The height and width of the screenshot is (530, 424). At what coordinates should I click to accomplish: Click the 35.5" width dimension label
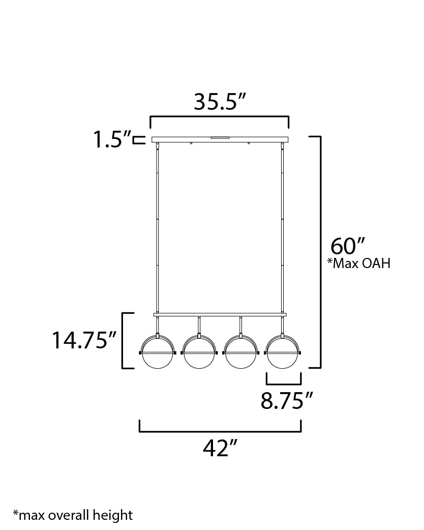tap(220, 102)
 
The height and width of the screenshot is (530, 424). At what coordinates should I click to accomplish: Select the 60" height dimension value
tap(348, 246)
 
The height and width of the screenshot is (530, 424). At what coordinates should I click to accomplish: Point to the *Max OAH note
tap(359, 263)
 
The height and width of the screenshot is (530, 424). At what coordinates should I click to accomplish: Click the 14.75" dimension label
tap(85, 340)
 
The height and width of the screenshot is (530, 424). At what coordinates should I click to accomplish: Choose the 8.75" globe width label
tap(286, 401)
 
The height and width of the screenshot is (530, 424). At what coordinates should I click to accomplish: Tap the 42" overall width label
tap(220, 448)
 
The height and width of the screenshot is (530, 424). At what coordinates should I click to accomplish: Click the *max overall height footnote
tap(73, 515)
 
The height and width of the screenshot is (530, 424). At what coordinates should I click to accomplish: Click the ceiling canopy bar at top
tap(220, 139)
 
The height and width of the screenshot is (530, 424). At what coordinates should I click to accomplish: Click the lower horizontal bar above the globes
tap(220, 314)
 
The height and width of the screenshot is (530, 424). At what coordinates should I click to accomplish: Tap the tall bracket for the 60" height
tap(320, 252)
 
